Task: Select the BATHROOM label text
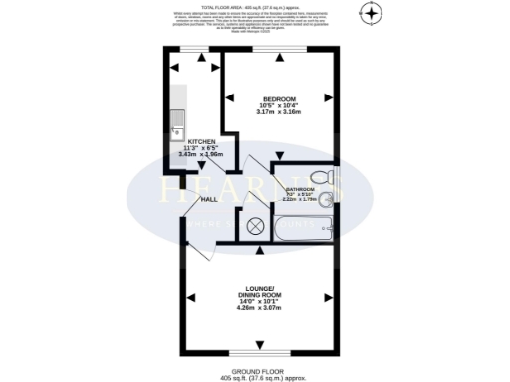tap(300, 189)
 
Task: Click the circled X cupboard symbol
tap(253, 225)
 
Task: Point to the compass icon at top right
tap(373, 14)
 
